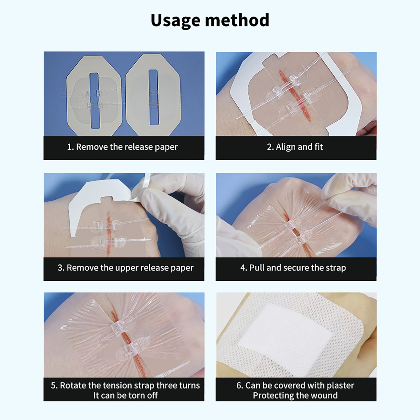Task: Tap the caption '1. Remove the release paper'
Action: click(x=122, y=147)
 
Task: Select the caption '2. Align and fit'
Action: click(x=295, y=147)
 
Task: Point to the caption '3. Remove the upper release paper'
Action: click(x=125, y=268)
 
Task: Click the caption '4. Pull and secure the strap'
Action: click(x=293, y=268)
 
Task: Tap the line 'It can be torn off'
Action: click(x=125, y=395)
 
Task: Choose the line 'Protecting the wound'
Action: click(x=295, y=395)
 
